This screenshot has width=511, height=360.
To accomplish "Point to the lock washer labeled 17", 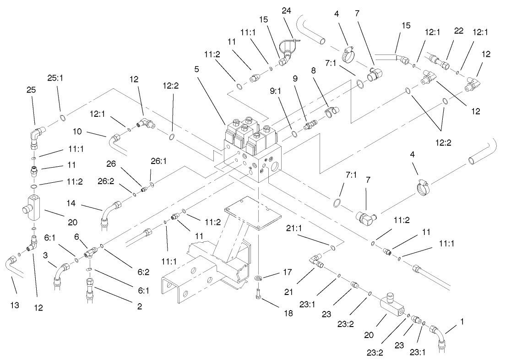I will point(259,278).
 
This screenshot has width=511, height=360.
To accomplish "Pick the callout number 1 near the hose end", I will point(462,322).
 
